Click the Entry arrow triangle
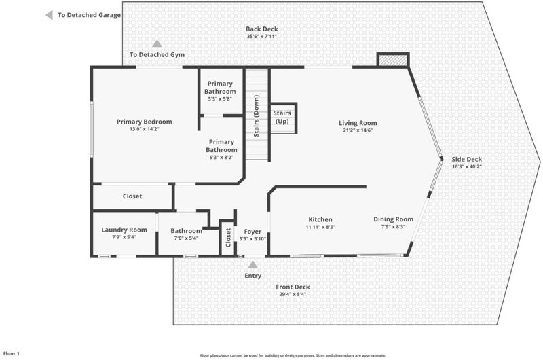[252, 265]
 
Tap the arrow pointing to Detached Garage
[50, 15]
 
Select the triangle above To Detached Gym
[157, 43]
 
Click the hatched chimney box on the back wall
[393, 60]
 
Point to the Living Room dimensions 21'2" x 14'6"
[358, 130]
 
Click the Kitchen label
[320, 219]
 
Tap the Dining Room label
[394, 219]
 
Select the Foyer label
[252, 232]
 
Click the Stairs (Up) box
[283, 118]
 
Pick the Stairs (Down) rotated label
[257, 115]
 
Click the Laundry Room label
[124, 230]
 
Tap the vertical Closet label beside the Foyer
[228, 237]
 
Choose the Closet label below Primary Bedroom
[132, 196]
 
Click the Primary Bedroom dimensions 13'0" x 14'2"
[145, 129]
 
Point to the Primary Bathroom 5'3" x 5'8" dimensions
[220, 98]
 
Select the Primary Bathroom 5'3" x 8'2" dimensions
[221, 158]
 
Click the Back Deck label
[262, 29]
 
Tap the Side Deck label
[467, 160]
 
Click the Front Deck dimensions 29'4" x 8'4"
[293, 295]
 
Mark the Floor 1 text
[12, 353]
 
